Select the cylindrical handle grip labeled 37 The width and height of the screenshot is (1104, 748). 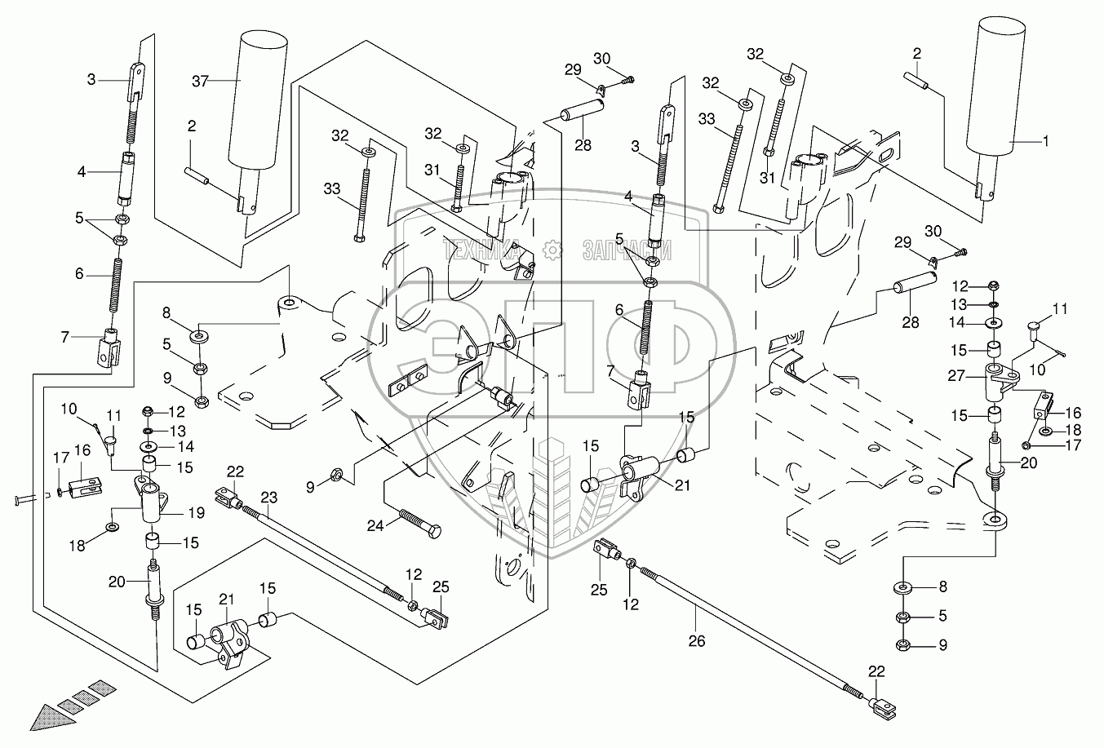coord(260,102)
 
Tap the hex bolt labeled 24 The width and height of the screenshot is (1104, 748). coord(419,521)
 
